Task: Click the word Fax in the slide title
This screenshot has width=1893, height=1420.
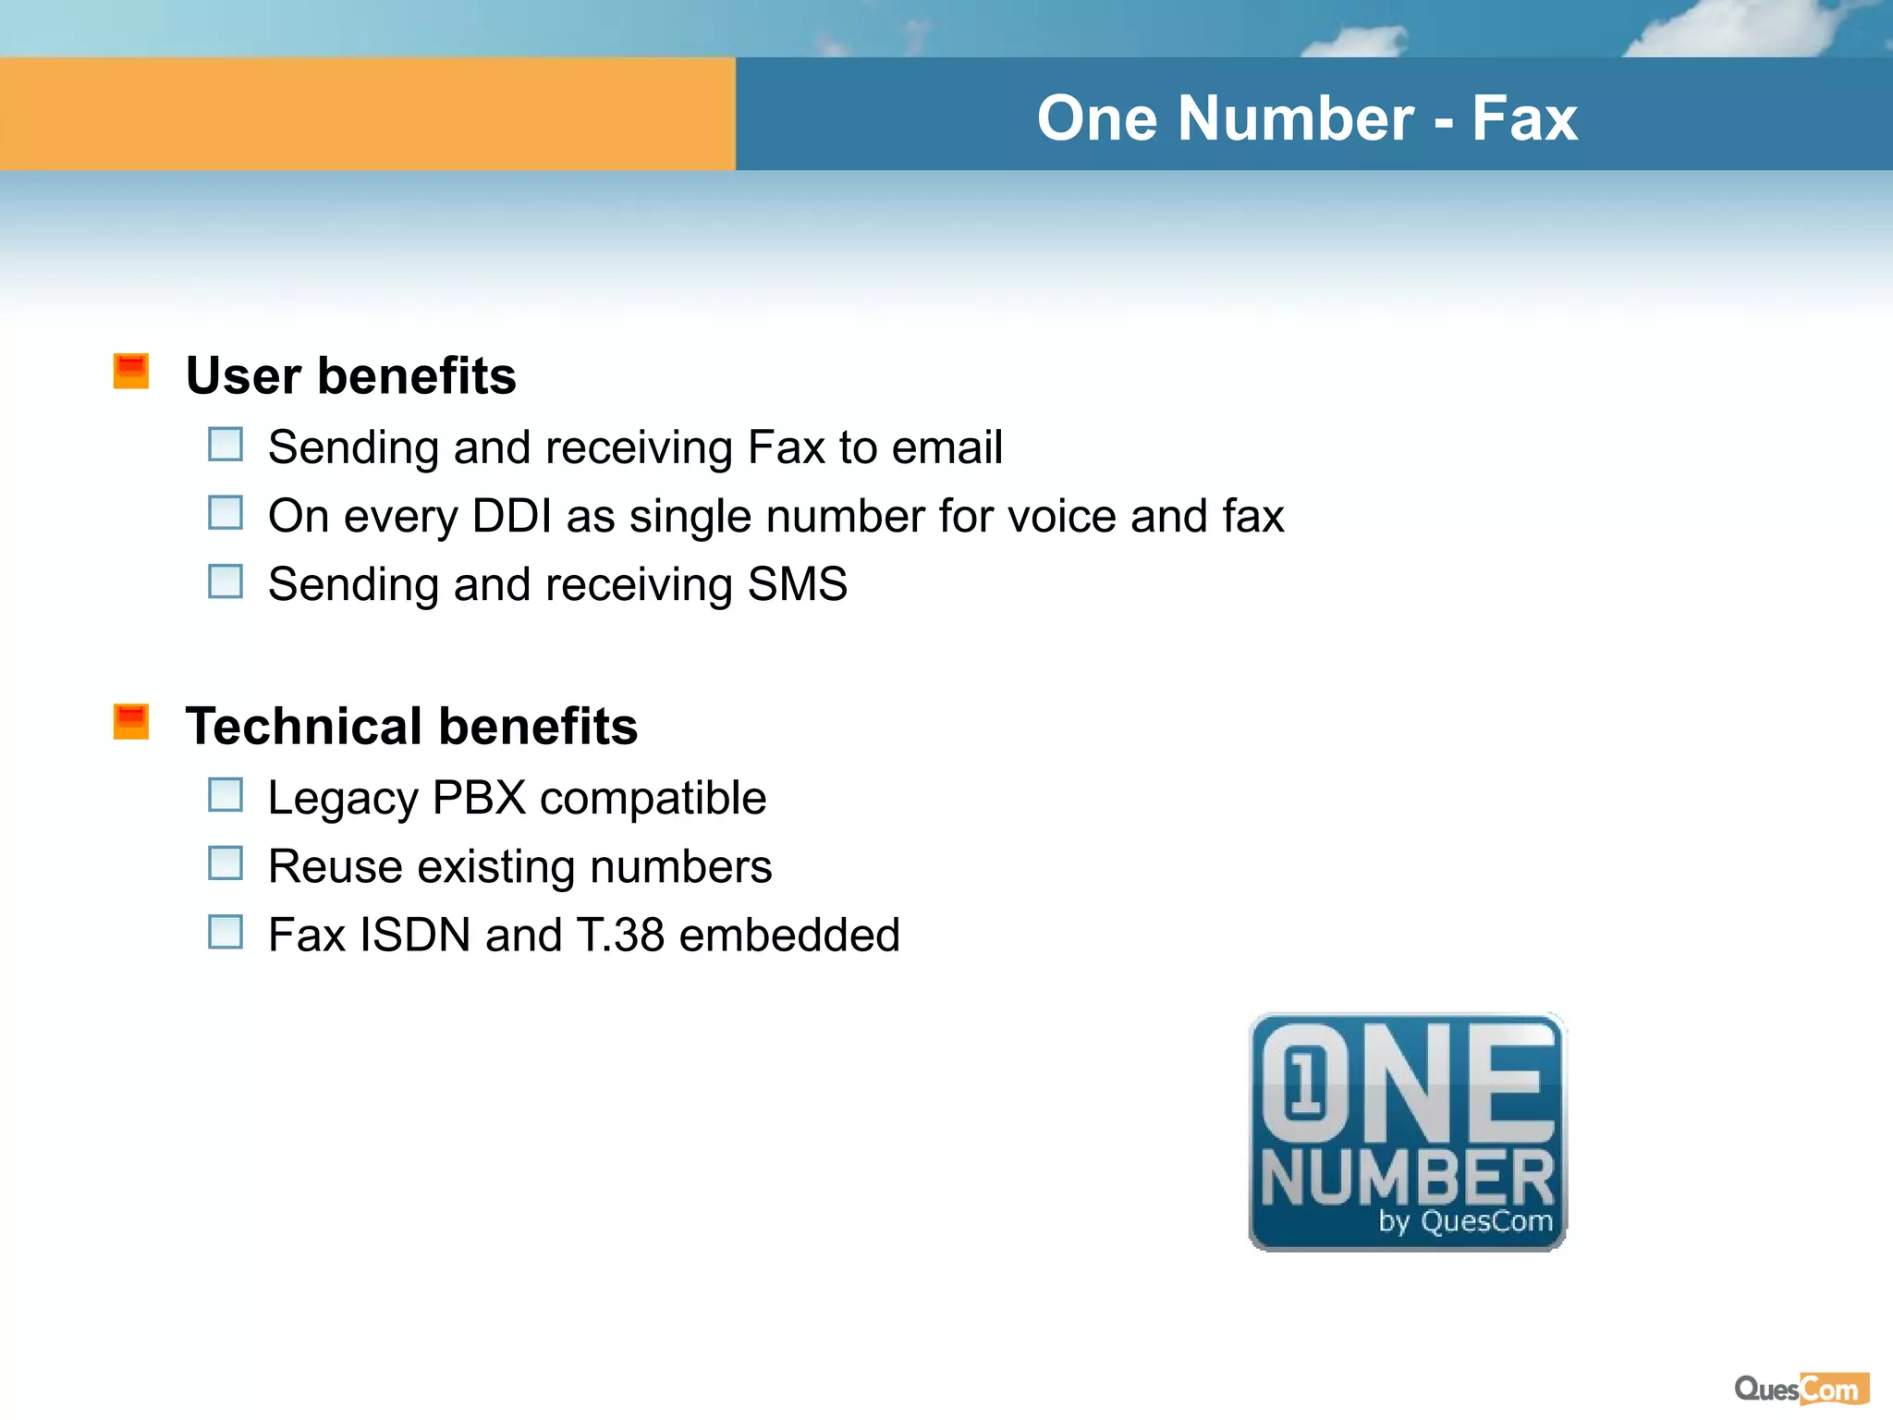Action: [1524, 118]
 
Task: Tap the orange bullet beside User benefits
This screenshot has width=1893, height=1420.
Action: [131, 372]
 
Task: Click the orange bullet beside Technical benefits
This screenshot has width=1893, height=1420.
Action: [131, 722]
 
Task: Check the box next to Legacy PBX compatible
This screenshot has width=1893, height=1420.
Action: [226, 795]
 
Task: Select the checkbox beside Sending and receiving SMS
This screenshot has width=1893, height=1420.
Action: [226, 581]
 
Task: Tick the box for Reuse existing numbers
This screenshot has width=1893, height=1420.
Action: [226, 863]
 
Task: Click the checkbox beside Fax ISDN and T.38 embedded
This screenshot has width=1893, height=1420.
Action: [226, 932]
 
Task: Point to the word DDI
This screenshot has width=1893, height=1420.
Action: [512, 516]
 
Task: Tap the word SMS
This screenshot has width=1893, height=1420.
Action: [798, 584]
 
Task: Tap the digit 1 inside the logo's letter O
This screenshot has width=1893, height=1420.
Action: [1304, 1083]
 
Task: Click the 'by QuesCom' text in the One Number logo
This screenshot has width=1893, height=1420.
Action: [1465, 1221]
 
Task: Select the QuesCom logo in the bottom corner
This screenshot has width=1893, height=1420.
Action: [1801, 1389]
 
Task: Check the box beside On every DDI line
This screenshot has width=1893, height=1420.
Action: [226, 513]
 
